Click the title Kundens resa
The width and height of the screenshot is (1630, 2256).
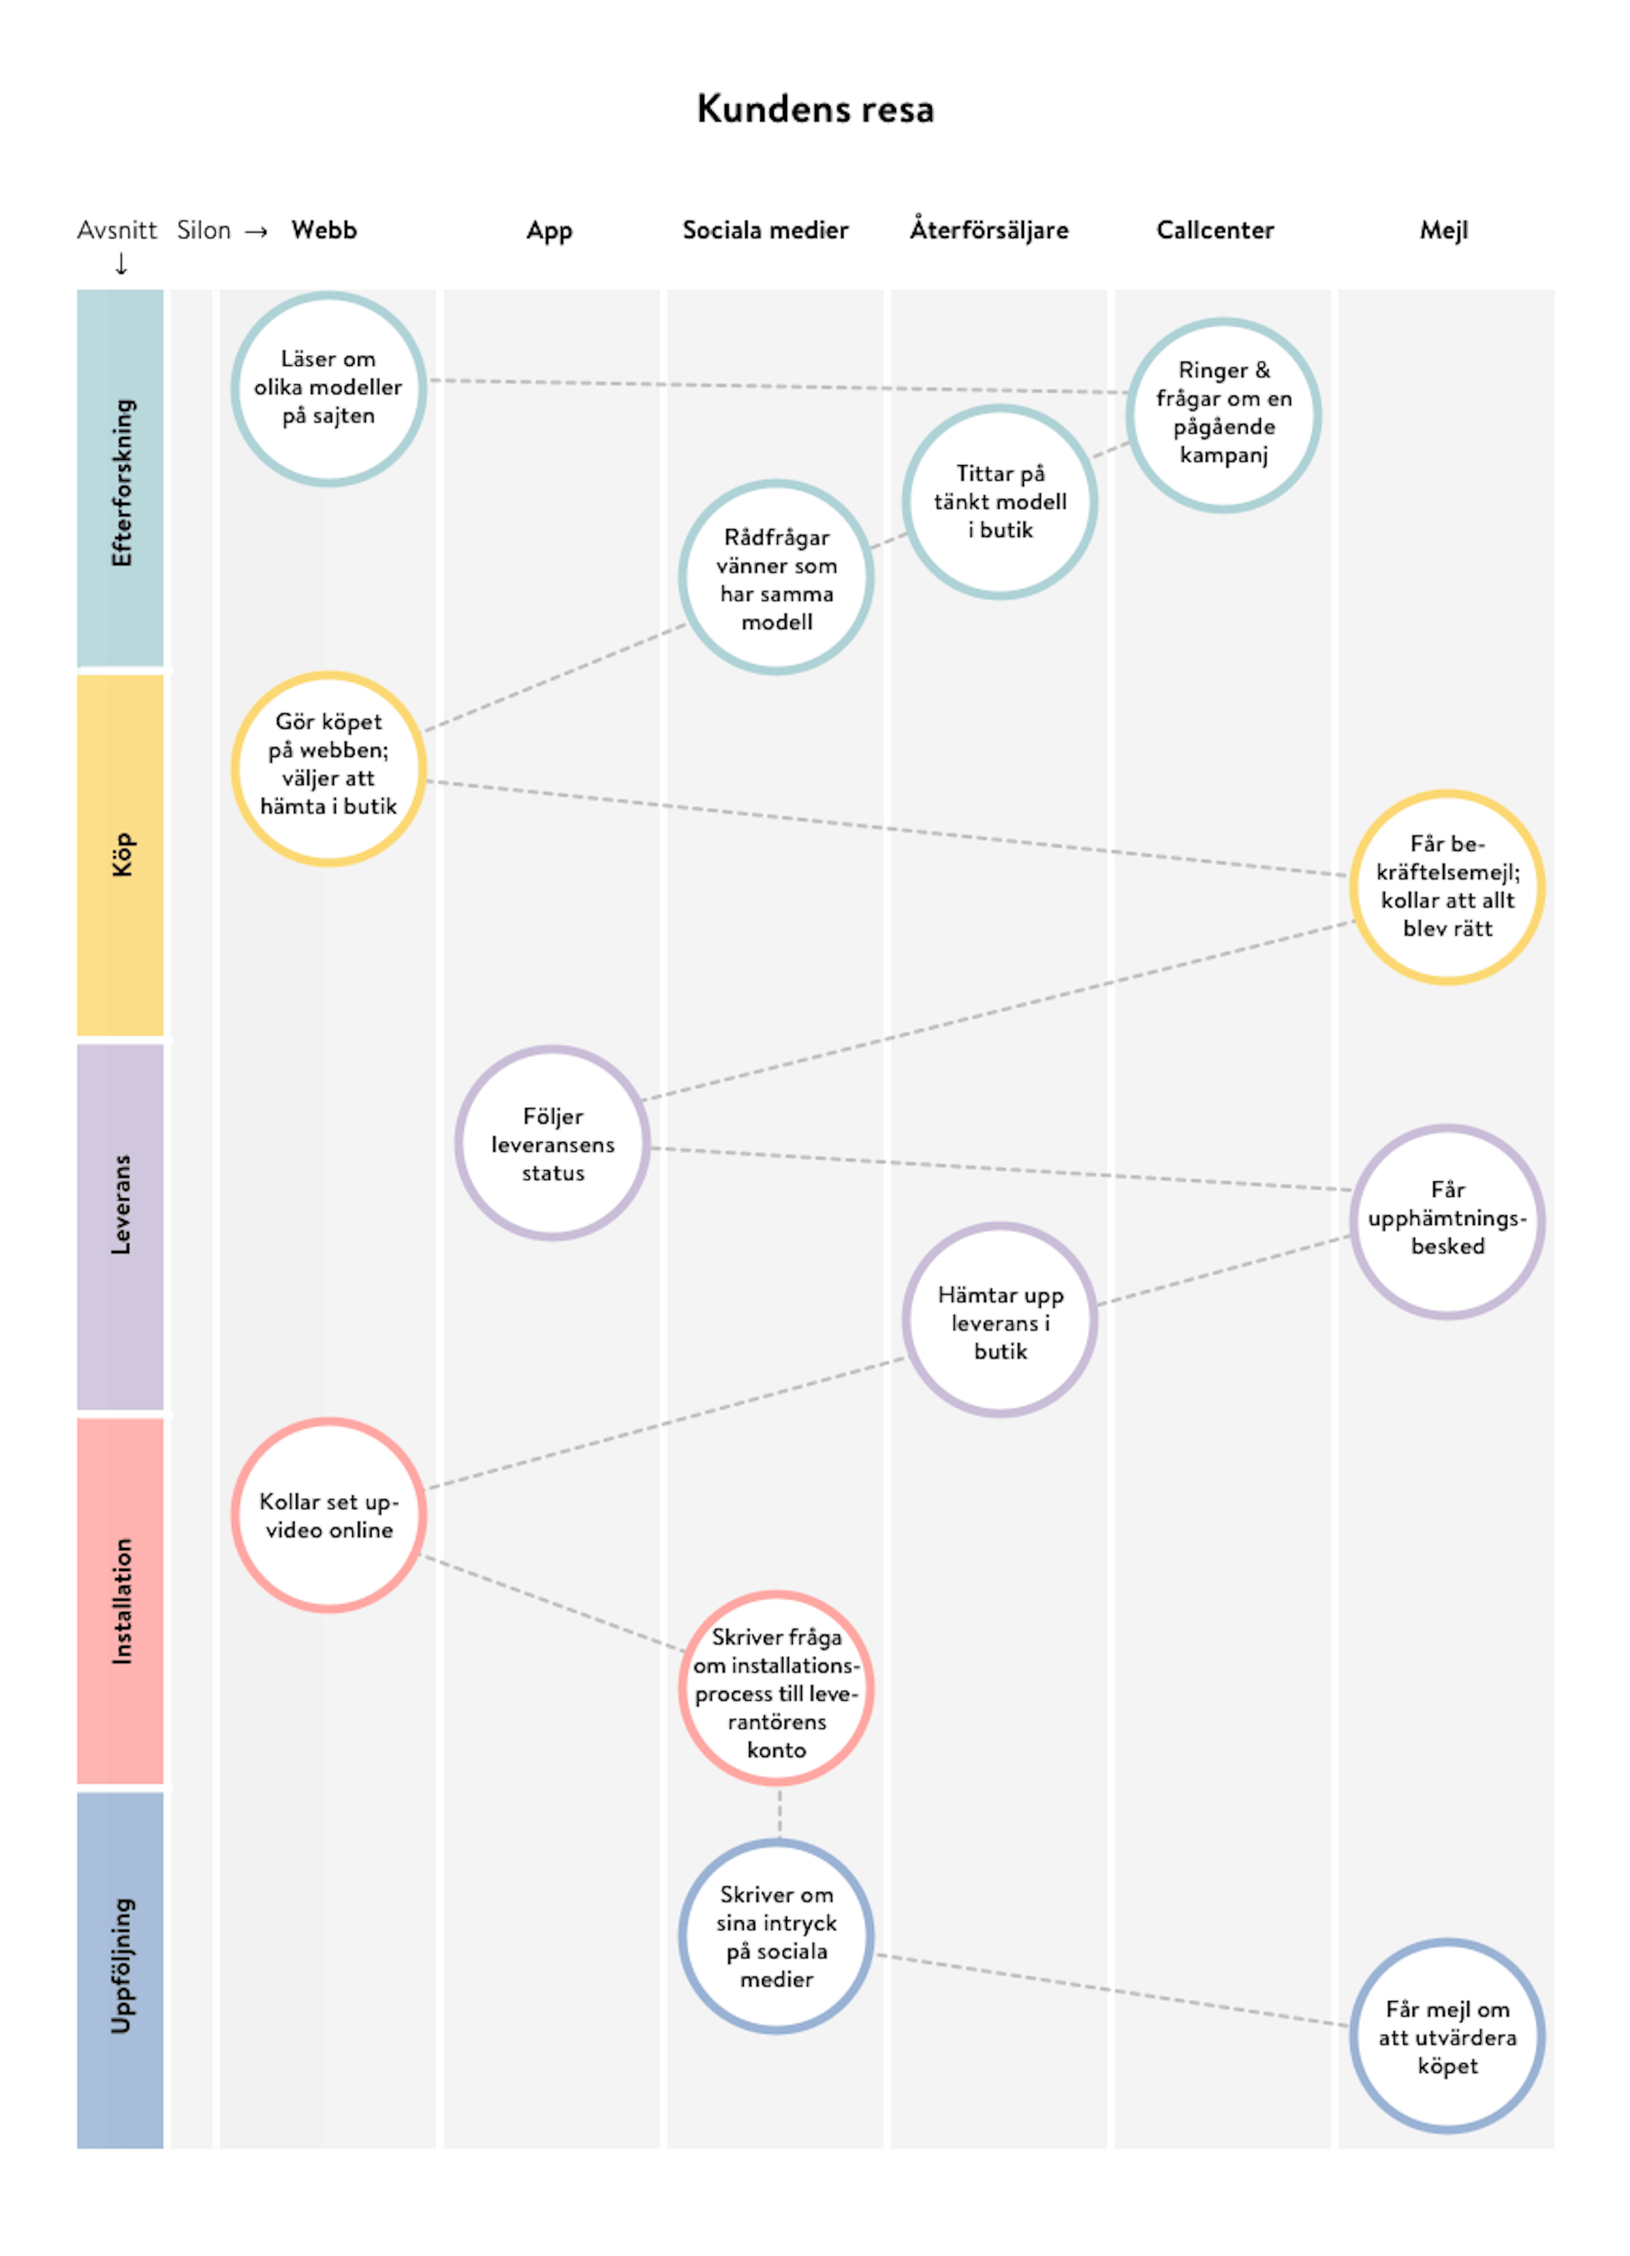point(815,108)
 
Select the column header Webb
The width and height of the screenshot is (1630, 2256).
point(324,230)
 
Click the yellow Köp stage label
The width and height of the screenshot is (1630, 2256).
point(120,855)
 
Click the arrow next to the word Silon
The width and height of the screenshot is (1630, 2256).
point(256,232)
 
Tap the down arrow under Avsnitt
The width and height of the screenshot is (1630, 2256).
point(121,264)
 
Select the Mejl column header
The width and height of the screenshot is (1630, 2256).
point(1443,230)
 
